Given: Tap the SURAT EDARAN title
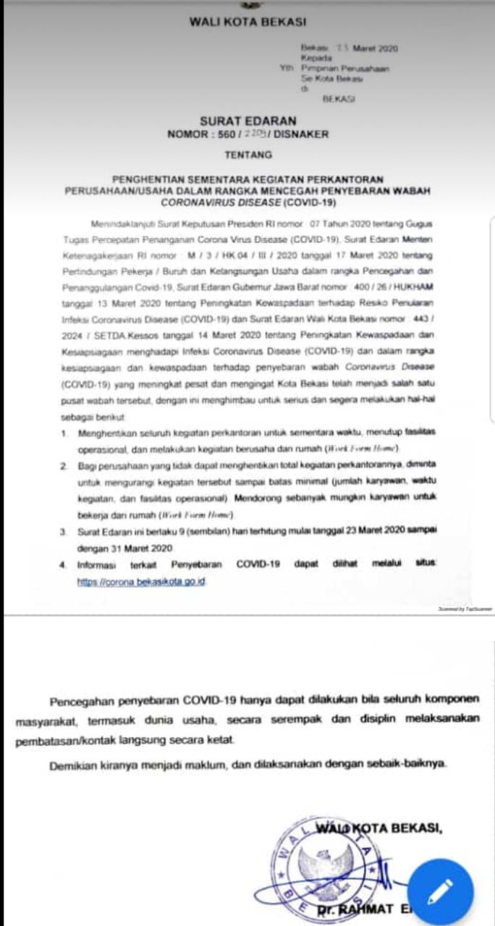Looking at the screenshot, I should coord(248,122).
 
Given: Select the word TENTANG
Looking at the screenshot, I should coord(248,154).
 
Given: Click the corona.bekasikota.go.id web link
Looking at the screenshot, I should coord(142,582).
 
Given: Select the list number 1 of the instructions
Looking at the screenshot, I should coord(64,433).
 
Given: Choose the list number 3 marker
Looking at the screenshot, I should coord(64,532).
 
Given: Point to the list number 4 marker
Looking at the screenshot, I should coord(64,564).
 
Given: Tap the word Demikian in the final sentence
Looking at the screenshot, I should coord(75,763).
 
